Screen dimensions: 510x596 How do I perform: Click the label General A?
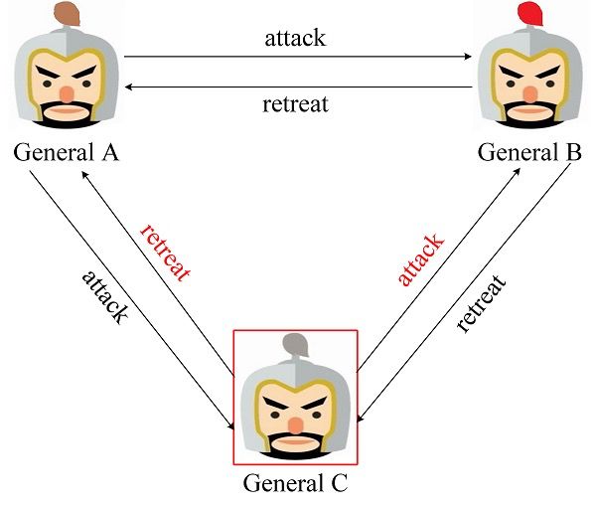[66, 153]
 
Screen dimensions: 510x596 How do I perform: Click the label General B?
[529, 153]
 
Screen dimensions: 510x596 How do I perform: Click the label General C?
[297, 485]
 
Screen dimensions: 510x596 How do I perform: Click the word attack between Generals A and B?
[295, 39]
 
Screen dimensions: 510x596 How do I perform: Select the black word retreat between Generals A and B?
[295, 103]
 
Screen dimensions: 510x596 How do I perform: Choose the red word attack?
[421, 260]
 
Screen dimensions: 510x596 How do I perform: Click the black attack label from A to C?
[104, 295]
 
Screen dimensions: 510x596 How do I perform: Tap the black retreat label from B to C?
[482, 303]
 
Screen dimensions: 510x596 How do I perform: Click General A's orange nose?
[66, 92]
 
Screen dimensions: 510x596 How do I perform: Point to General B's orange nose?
[529, 92]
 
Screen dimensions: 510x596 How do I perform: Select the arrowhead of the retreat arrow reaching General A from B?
[129, 86]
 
